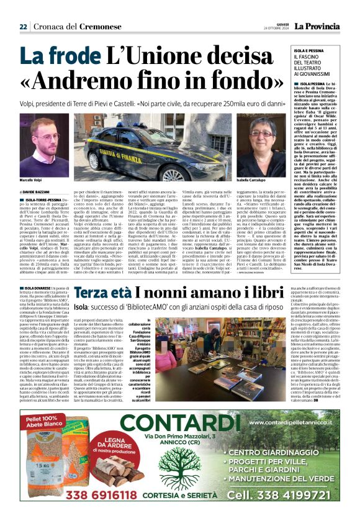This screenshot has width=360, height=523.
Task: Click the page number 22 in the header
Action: click(x=23, y=27)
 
